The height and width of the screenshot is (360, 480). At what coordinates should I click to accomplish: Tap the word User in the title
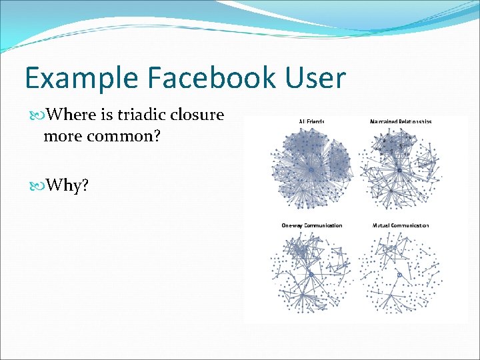(x=316, y=78)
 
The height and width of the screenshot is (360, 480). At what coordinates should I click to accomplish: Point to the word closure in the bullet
(x=197, y=115)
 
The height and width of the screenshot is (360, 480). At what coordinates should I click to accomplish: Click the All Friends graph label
(x=311, y=121)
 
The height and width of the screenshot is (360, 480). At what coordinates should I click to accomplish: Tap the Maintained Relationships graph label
(x=400, y=121)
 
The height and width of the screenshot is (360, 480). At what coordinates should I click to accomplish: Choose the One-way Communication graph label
(x=311, y=225)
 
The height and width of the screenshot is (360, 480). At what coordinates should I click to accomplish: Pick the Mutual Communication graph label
(x=400, y=225)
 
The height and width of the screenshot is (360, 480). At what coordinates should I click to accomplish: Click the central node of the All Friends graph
(x=311, y=171)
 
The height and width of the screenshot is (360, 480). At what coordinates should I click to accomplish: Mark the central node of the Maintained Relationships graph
(x=399, y=171)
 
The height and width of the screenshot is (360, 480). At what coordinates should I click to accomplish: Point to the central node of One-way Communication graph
(x=311, y=274)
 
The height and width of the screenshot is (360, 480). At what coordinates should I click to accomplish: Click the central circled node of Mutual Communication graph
(x=399, y=274)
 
